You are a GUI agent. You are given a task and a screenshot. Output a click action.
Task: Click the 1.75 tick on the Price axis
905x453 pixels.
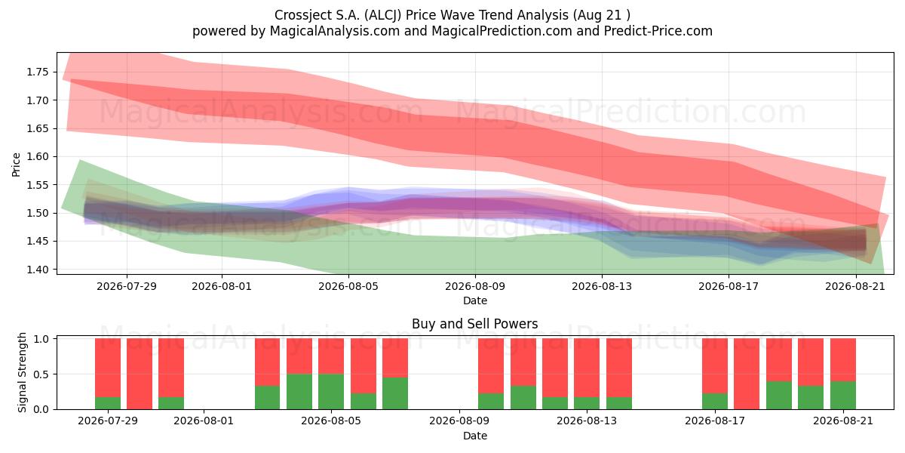38,72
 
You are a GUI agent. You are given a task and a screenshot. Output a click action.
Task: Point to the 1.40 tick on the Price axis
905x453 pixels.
38,270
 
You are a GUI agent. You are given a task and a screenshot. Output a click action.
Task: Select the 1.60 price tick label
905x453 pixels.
38,156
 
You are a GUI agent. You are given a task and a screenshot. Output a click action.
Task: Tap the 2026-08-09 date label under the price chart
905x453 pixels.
475,286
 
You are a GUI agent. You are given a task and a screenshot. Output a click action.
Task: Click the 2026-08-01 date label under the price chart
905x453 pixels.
222,286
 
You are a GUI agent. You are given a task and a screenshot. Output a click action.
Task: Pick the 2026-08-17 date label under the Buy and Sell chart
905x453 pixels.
715,421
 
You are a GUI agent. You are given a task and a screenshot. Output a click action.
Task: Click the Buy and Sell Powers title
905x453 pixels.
474,324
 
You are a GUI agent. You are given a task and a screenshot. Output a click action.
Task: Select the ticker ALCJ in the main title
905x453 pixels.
382,15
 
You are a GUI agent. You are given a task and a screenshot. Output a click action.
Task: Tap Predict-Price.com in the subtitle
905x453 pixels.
658,31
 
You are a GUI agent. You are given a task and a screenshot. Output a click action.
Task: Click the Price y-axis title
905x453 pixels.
16,165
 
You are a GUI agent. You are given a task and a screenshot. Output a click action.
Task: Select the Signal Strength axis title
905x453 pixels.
22,372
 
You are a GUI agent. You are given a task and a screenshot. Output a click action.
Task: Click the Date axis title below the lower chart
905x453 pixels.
475,436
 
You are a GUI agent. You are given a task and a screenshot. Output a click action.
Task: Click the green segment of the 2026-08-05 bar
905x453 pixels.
331,392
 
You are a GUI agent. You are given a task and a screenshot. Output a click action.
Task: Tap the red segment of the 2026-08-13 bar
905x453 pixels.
587,368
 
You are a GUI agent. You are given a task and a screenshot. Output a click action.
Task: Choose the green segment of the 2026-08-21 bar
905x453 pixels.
843,395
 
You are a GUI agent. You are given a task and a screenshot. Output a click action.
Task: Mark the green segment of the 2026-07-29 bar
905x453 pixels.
108,403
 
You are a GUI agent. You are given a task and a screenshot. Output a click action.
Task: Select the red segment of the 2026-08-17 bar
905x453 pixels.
715,366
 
